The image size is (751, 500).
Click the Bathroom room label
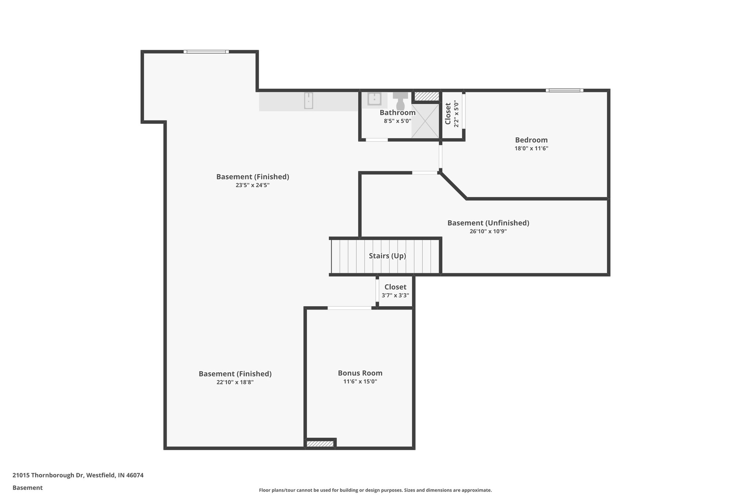coord(398,112)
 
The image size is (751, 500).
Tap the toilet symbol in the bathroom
coord(400,100)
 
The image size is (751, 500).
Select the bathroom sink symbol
coord(374,99)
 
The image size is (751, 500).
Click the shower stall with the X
coord(425,121)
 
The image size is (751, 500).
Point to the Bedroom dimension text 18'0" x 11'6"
coord(531,149)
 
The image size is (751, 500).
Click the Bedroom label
coord(531,140)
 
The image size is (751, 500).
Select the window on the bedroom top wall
coord(564,90)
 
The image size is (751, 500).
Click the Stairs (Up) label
coord(387,256)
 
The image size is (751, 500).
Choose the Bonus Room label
coord(360,373)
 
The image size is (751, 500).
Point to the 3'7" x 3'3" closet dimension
coord(395,296)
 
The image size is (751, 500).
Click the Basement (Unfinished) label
coord(488,223)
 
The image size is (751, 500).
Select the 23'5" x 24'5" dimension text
coord(252,185)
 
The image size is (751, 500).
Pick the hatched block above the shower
coord(426,96)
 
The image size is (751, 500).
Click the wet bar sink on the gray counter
coord(308,101)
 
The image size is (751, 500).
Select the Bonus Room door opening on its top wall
coord(349,308)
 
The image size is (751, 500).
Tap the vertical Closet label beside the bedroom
coord(448,114)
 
